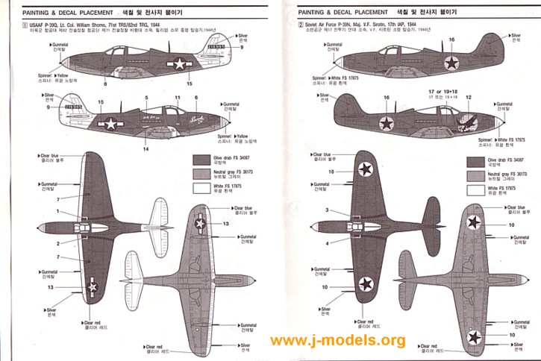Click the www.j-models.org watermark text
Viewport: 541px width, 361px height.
(337, 341)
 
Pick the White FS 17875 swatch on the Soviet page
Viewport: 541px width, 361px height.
(475, 189)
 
